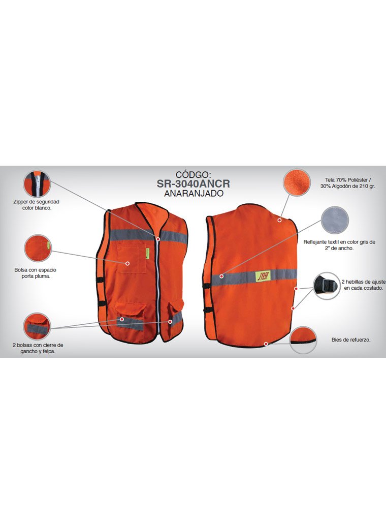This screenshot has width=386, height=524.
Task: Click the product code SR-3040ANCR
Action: (194, 183)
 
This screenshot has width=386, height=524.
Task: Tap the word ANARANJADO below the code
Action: (194, 194)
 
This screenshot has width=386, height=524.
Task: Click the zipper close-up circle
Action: (37, 184)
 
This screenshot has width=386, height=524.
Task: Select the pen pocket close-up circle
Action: (38, 248)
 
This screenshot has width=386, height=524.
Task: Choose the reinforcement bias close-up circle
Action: (304, 340)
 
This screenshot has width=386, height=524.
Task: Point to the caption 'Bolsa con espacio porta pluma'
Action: (38, 273)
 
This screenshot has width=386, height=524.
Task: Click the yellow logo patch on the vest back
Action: (262, 274)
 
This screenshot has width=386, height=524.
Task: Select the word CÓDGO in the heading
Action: (194, 174)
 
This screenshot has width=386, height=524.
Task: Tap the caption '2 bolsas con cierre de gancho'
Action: (38, 348)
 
